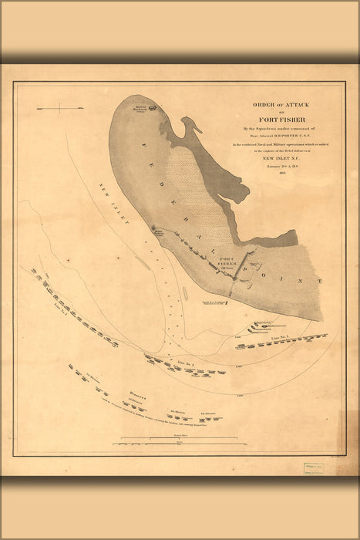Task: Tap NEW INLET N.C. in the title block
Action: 275,158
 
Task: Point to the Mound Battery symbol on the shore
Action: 156,231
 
